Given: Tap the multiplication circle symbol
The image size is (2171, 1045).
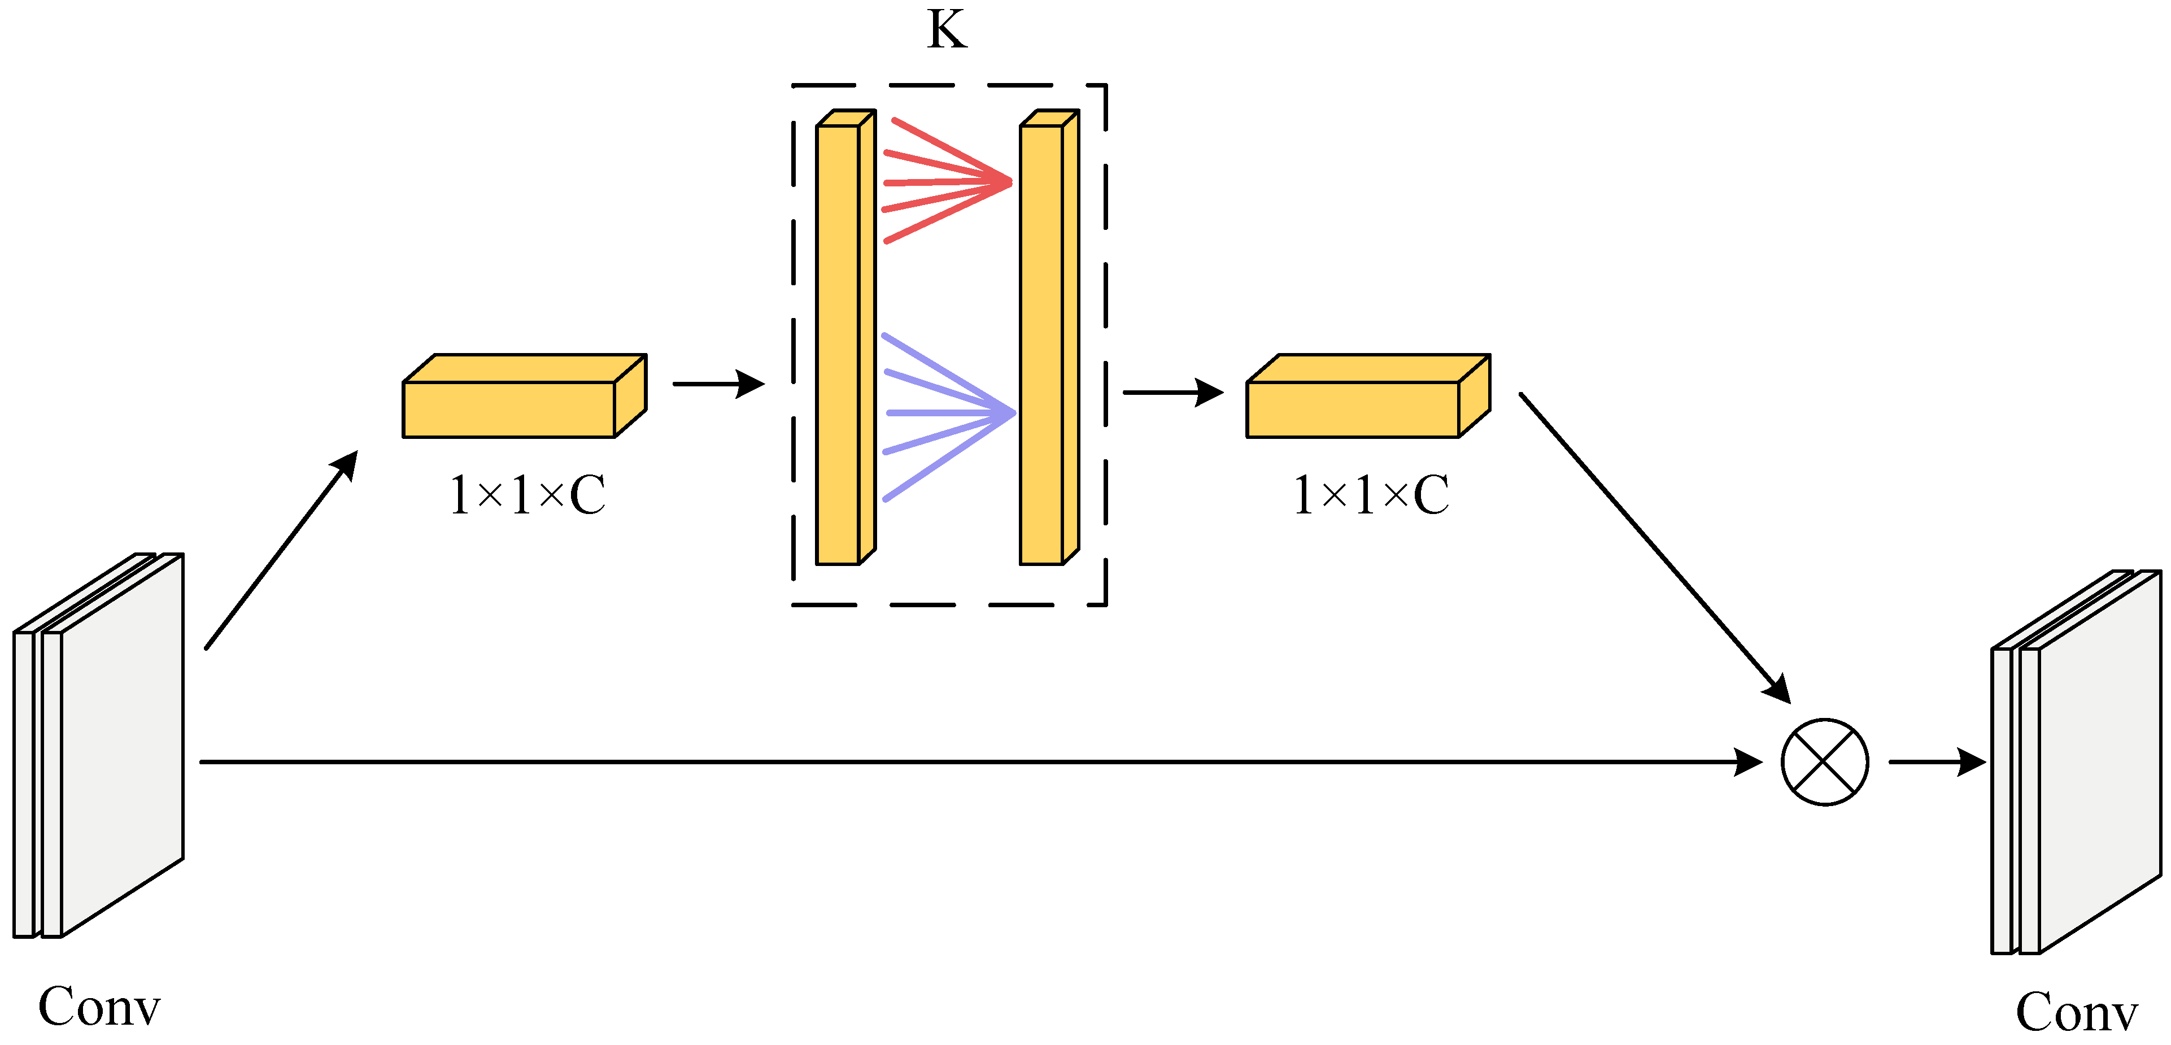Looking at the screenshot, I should (x=1825, y=762).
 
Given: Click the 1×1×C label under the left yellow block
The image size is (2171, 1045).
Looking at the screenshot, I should (x=528, y=495).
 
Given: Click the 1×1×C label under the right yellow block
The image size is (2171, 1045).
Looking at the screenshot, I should (x=1371, y=495).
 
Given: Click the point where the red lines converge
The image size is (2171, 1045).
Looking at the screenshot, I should (x=1010, y=182).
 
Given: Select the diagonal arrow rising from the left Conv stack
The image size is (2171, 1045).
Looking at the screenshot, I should (x=281, y=550).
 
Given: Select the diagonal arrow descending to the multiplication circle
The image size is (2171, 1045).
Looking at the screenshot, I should (x=1654, y=548).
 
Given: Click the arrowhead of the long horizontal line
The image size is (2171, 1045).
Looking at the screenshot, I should (x=1749, y=762).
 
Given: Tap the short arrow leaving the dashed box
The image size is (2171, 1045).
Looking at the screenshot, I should (x=1172, y=392).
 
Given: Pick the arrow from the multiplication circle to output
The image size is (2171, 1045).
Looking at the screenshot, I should (x=1937, y=762).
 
